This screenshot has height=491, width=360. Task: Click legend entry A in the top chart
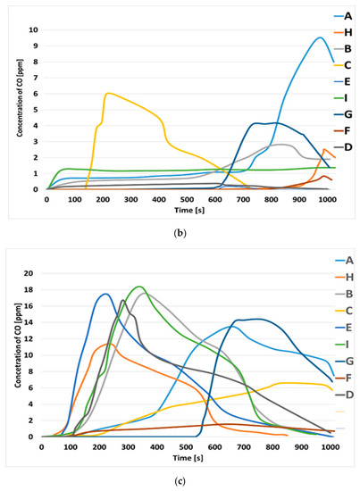pos(348,15)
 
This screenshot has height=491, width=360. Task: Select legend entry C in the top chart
pos(348,63)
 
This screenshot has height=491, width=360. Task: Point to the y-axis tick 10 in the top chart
pos(33,29)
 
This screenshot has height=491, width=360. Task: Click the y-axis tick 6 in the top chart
pos(35,94)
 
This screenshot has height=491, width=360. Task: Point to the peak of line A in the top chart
pos(320,37)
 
